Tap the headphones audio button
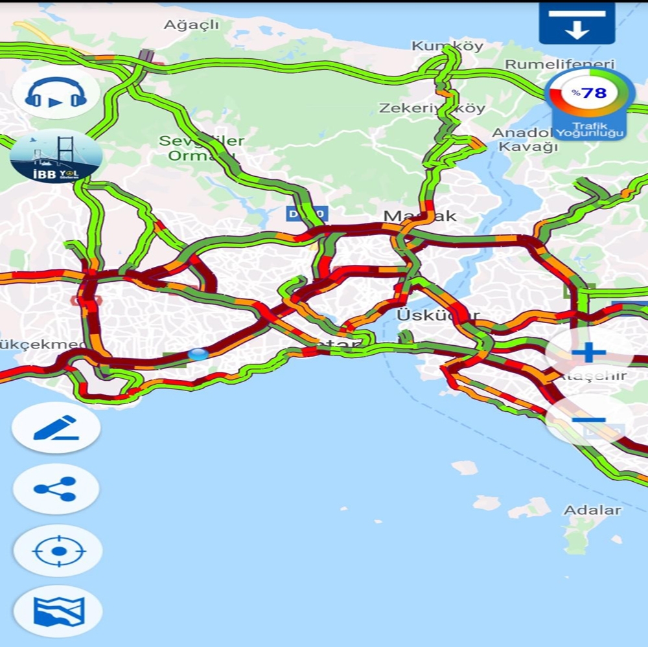tap(56, 92)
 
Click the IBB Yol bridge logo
tap(56, 156)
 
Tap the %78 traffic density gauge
tap(589, 94)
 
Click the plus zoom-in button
tap(588, 353)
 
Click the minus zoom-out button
tap(588, 420)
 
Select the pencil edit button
tap(56, 427)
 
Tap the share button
tap(56, 489)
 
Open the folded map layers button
tap(58, 611)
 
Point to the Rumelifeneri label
tap(559, 64)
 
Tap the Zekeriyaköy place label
tap(432, 108)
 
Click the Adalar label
tap(592, 510)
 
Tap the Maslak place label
tap(420, 216)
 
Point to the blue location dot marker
tap(198, 354)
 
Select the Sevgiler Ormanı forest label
tap(202, 148)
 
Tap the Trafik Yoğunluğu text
tap(589, 130)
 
